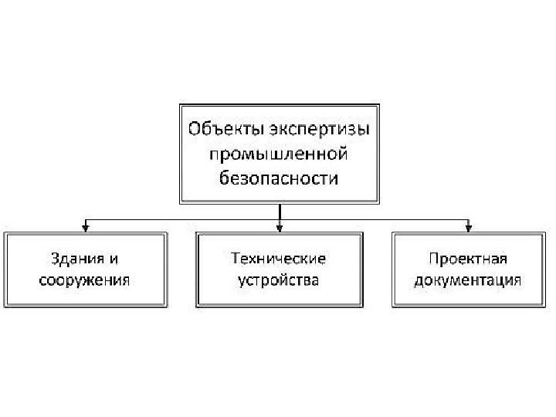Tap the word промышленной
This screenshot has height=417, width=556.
pyautogui.click(x=280, y=153)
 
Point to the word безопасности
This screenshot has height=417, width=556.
pyautogui.click(x=280, y=179)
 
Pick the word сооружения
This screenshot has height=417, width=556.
pyautogui.click(x=84, y=280)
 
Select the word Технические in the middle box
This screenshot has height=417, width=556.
pyautogui.click(x=279, y=258)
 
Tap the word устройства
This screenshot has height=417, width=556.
pyautogui.click(x=279, y=280)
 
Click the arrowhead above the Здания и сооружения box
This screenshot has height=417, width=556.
pyautogui.click(x=86, y=227)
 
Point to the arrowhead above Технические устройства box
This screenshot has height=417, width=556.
pyautogui.click(x=280, y=227)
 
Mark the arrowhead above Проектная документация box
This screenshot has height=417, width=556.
pyautogui.click(x=468, y=227)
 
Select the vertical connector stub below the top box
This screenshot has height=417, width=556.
pyautogui.click(x=280, y=211)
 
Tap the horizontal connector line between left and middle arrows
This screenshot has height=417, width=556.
pyautogui.click(x=182, y=219)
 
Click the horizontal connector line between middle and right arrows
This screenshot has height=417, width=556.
pyautogui.click(x=374, y=219)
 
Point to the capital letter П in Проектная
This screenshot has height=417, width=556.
pyautogui.click(x=434, y=258)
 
